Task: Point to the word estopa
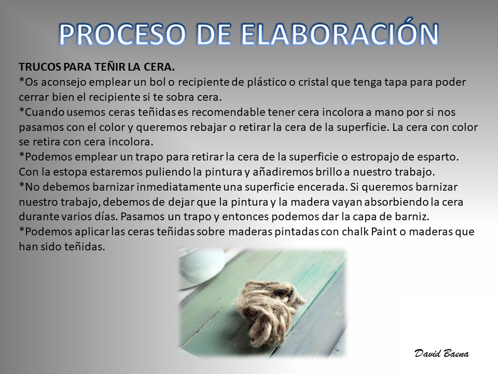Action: pyautogui.click(x=70, y=172)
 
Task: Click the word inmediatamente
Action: pyautogui.click(x=178, y=187)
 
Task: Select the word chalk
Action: pyautogui.click(x=355, y=232)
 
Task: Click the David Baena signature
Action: pyautogui.click(x=441, y=353)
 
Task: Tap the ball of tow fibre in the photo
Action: pyautogui.click(x=270, y=312)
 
